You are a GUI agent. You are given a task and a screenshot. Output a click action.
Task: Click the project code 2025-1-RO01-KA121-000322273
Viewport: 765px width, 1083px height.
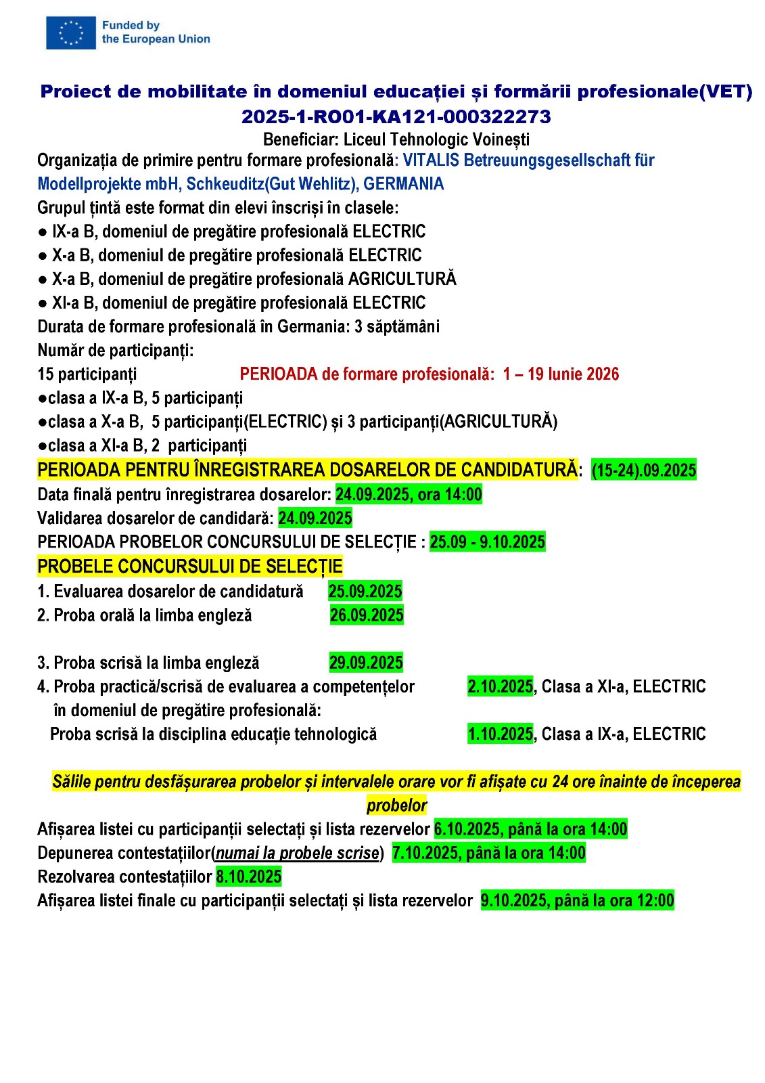396,117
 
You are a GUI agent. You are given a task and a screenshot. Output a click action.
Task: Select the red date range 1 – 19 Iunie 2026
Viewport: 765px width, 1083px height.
561,374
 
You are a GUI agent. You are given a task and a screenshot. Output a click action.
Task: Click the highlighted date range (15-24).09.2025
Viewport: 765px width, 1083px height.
643,470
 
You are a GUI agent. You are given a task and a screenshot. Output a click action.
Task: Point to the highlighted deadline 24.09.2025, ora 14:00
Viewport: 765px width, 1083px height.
409,495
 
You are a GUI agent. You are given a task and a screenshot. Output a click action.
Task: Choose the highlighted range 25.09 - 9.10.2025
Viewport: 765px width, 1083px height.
487,542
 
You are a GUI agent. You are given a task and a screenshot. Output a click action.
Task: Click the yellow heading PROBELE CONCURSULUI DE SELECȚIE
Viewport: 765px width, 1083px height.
190,567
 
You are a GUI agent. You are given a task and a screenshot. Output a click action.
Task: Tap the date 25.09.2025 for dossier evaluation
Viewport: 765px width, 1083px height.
365,592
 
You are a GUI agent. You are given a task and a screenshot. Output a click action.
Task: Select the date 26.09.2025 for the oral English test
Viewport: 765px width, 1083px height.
367,615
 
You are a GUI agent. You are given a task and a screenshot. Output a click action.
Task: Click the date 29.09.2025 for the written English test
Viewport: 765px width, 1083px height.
366,663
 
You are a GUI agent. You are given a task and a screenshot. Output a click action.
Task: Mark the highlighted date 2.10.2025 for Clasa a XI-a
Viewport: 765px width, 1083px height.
501,687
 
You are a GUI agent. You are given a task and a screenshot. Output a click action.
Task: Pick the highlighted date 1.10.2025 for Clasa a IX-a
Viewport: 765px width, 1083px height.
501,734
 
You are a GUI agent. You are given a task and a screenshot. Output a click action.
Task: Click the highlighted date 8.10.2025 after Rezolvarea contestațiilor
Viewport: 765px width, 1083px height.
248,877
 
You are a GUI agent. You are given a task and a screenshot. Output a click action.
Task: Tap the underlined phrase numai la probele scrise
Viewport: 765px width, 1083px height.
297,854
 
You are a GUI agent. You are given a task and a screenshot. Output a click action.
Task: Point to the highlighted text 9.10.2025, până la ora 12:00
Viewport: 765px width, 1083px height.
577,901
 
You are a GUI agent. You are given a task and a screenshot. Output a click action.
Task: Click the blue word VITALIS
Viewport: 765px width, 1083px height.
431,160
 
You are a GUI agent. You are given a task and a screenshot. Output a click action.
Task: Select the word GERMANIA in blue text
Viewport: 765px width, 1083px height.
404,184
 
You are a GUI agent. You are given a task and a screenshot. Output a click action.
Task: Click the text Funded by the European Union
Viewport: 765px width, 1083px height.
156,32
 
